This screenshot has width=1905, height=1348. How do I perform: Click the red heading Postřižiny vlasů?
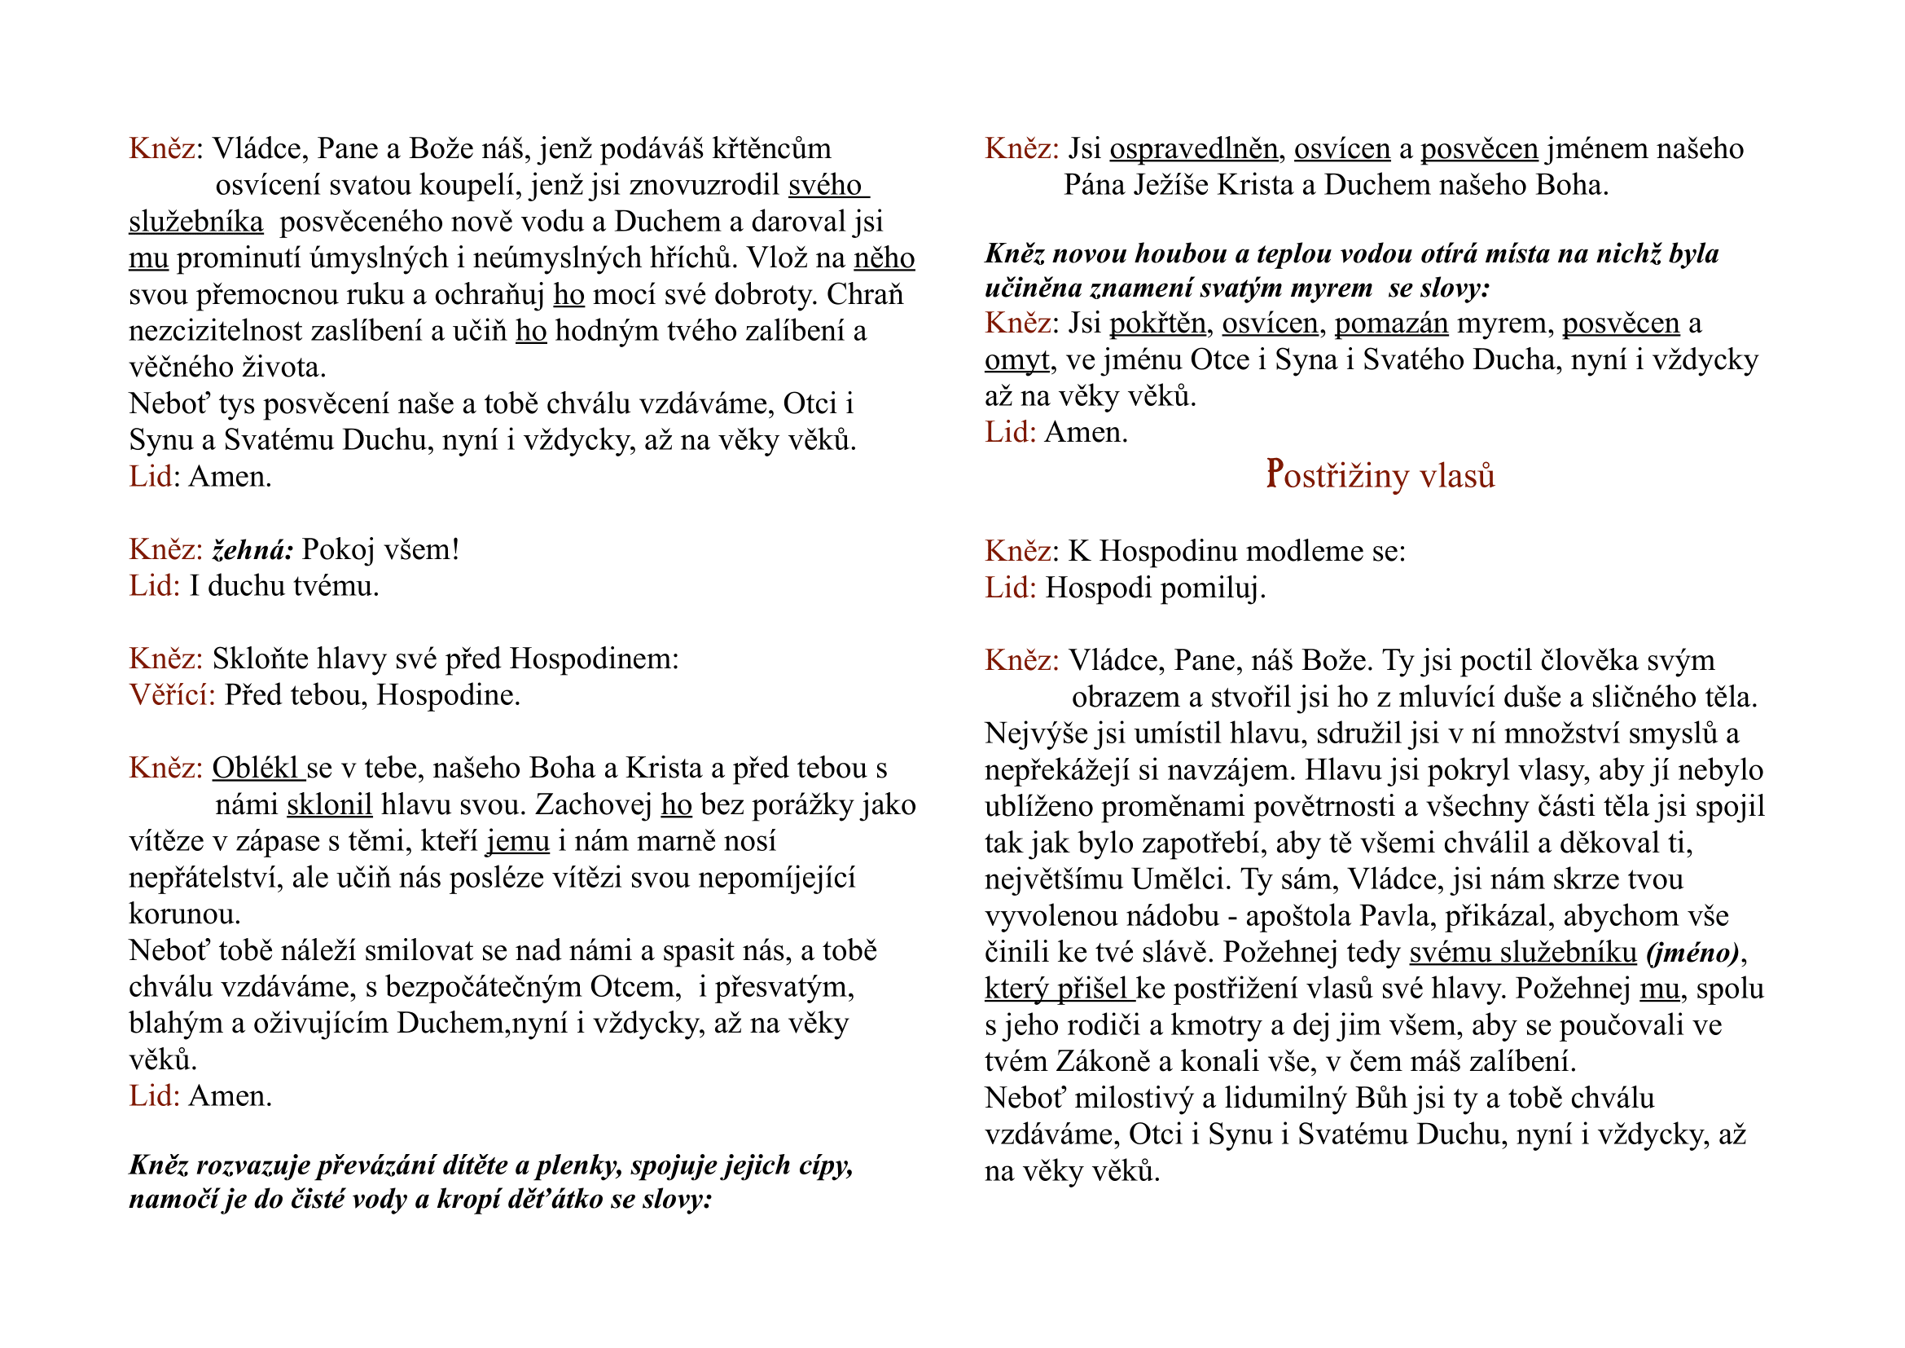1379,476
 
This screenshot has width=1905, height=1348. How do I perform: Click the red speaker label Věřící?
172,694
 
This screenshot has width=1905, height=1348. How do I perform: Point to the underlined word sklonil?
329,804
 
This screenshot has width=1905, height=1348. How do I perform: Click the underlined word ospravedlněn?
1193,148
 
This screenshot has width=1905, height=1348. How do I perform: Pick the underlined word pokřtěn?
1157,323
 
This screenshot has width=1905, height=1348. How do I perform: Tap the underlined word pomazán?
1390,323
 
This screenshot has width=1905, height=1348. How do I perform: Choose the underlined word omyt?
1016,359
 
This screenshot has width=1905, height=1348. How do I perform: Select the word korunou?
184,914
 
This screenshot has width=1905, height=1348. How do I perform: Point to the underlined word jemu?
518,841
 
